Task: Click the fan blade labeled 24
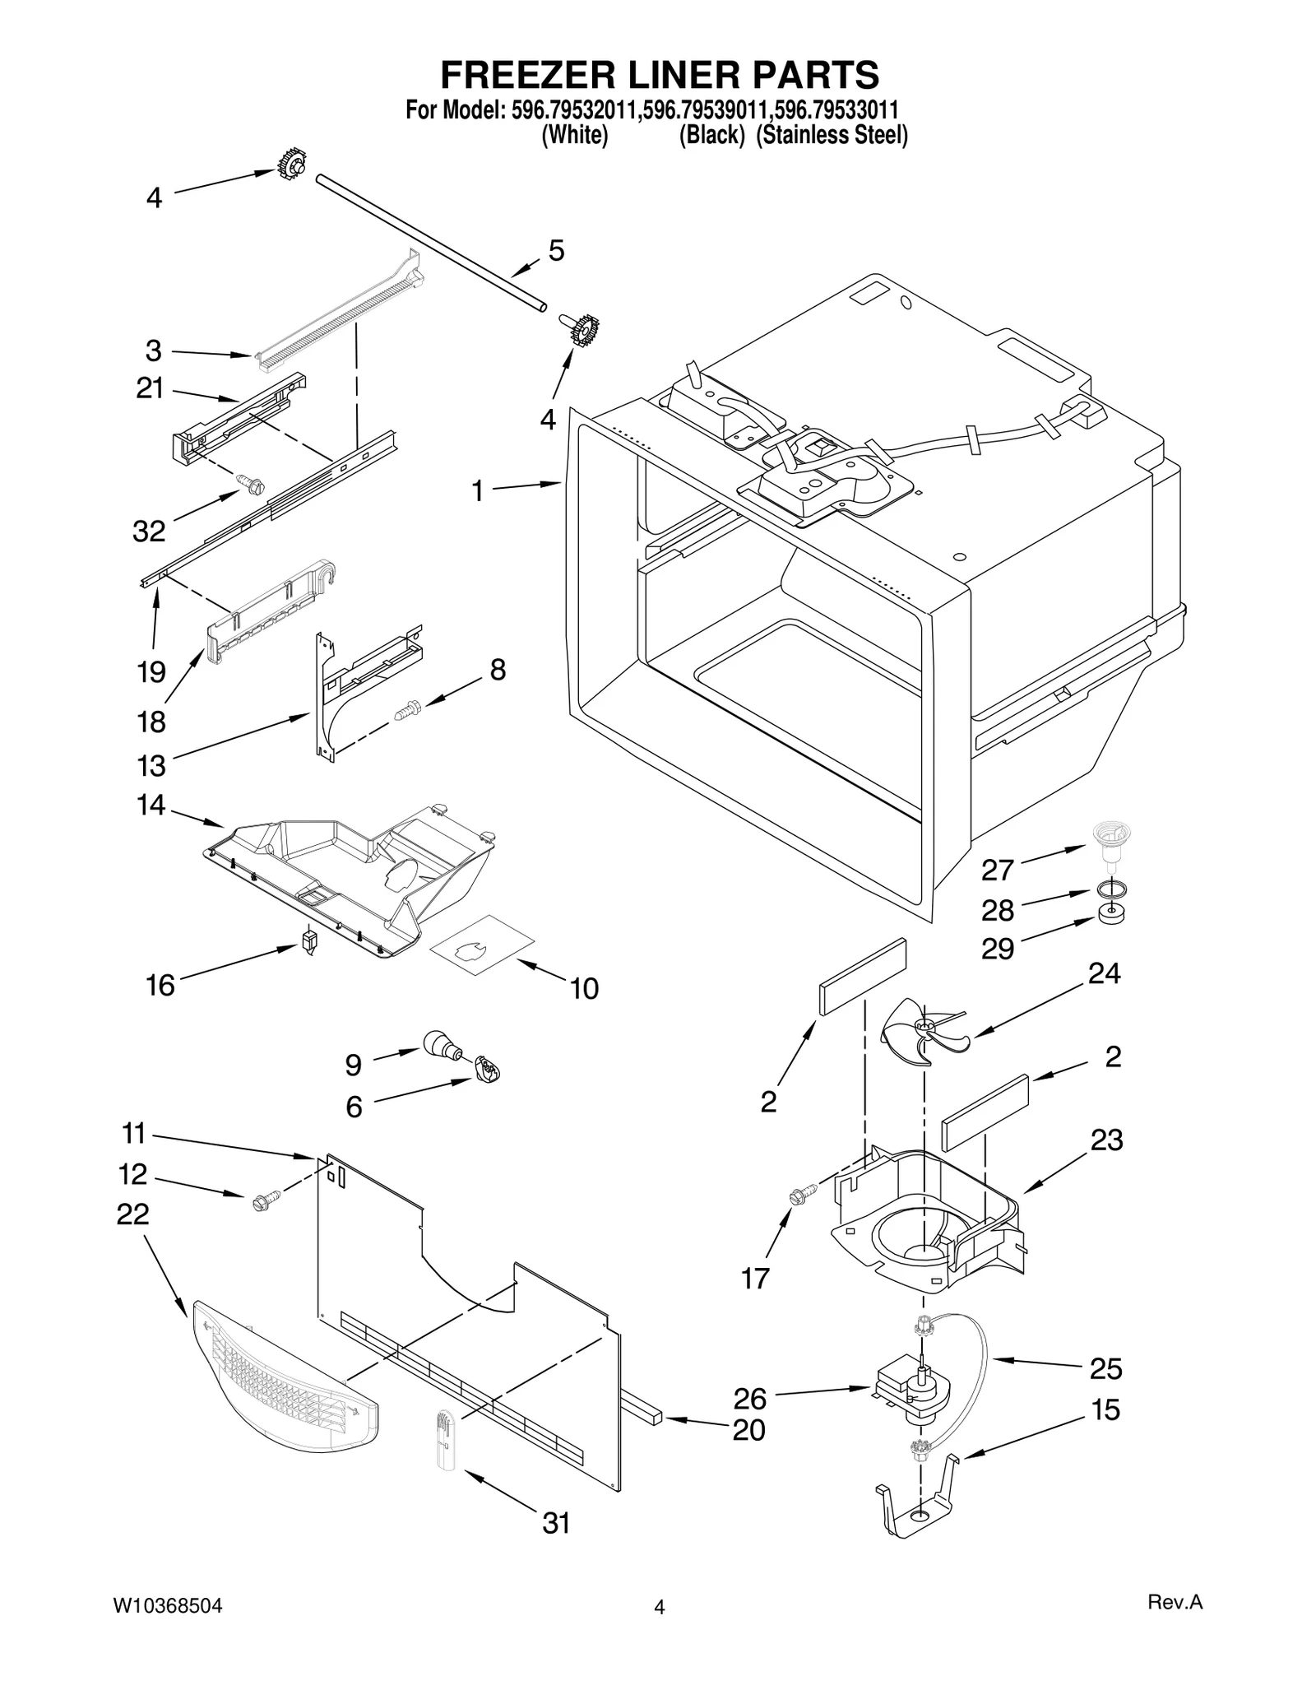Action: point(924,1032)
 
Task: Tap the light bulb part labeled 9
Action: point(442,1046)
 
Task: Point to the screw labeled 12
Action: point(262,1200)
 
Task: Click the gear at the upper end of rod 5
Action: point(291,165)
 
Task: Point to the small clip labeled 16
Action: point(309,940)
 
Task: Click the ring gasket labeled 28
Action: point(1111,889)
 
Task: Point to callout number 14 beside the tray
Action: point(151,805)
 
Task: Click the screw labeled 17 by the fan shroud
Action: point(802,1192)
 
